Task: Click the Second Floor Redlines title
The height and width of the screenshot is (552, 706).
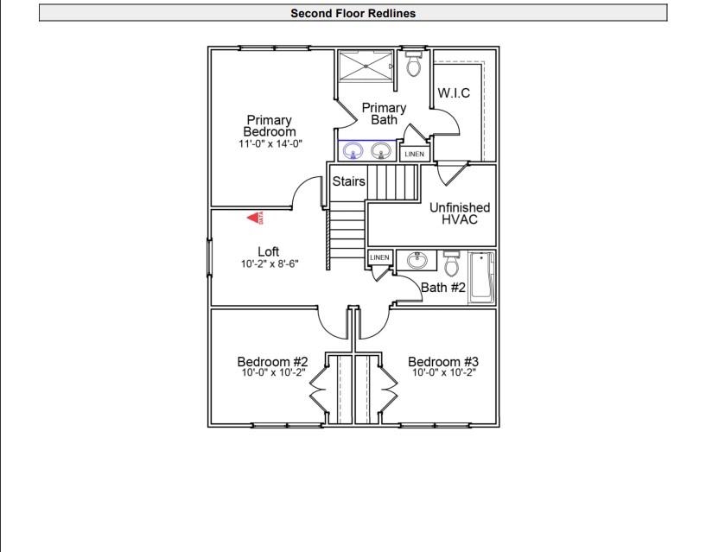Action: coord(353,13)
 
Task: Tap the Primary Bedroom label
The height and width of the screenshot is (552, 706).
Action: coord(270,126)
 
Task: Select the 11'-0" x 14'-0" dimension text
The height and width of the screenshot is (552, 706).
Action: coord(270,143)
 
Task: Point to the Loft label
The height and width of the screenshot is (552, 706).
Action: coord(269,251)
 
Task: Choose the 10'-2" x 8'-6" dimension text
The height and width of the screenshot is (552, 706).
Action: coord(270,264)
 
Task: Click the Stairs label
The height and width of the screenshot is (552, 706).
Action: coord(349,182)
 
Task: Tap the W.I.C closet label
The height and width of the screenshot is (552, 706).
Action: coord(454,93)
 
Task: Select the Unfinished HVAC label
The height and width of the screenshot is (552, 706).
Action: coord(460,213)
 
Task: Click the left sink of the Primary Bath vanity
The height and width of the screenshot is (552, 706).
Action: coord(353,152)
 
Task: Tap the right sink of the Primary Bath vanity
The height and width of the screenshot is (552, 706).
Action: coord(380,152)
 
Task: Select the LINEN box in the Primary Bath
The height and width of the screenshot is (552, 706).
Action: coord(414,154)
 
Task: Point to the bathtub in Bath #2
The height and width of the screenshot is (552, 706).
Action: coord(481,277)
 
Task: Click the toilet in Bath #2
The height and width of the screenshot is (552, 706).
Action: coord(452,263)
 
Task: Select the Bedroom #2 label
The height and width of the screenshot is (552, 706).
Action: coord(273,362)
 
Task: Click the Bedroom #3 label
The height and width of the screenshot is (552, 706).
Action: coord(443,362)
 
